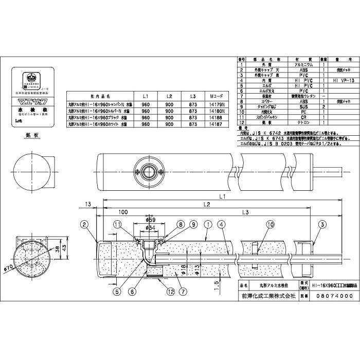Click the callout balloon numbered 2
click(x=85, y=224)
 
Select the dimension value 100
click(x=122, y=212)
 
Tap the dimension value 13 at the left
click(x=89, y=204)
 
